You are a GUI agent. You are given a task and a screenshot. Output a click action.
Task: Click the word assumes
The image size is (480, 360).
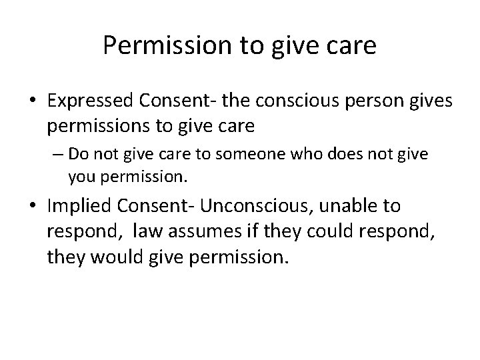point(196,231)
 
